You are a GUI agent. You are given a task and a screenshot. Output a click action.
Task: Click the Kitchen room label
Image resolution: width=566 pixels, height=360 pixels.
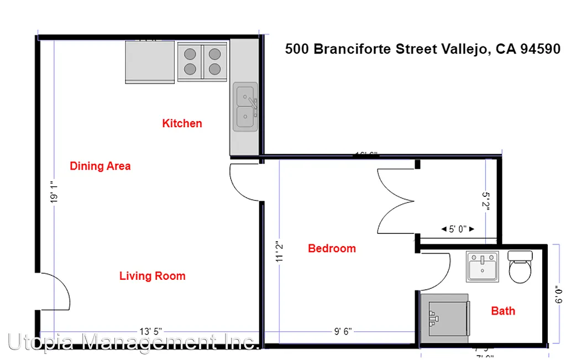pos(182,123)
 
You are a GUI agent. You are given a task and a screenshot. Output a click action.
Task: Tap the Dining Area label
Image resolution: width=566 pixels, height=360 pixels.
pos(100,166)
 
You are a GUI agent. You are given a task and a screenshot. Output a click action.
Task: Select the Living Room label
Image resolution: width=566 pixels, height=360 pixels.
pos(152,276)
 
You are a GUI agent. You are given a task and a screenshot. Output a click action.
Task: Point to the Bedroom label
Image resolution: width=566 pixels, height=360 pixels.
pos(332,248)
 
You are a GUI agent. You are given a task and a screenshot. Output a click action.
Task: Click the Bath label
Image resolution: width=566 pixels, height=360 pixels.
pos(503,311)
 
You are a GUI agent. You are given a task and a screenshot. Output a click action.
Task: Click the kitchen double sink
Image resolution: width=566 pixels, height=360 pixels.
pos(245,107)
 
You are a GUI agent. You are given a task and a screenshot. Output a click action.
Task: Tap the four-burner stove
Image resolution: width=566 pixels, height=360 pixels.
pos(202,61)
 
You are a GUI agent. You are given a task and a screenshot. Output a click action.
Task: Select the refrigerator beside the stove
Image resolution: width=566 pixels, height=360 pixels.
pos(150,61)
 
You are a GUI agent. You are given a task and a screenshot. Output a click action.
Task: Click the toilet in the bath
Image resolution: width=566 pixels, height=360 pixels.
pos(520,267)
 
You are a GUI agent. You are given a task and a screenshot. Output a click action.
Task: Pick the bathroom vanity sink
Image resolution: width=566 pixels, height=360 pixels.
pos(482,266)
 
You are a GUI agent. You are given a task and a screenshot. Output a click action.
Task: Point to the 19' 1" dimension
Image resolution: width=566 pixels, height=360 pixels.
pos(54,191)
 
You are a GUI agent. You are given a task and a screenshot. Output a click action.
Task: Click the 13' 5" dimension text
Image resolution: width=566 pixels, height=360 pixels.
pos(150,331)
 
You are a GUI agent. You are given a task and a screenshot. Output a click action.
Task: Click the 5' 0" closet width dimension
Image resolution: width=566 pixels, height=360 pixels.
pos(458,228)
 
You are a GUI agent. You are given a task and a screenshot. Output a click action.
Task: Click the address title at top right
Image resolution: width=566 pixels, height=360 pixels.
pos(422,49)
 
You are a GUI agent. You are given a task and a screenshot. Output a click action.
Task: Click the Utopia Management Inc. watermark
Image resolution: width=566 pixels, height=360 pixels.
pos(133,342)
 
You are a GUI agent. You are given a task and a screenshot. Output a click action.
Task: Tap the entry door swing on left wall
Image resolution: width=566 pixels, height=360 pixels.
pos(54,291)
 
